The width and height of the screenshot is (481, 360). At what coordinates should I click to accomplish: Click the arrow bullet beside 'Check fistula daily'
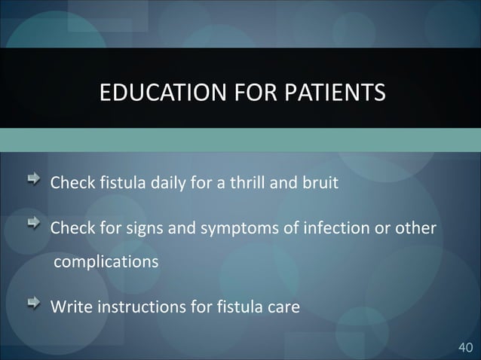(x=36, y=181)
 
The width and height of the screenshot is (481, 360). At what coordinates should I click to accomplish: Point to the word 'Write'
(x=68, y=307)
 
